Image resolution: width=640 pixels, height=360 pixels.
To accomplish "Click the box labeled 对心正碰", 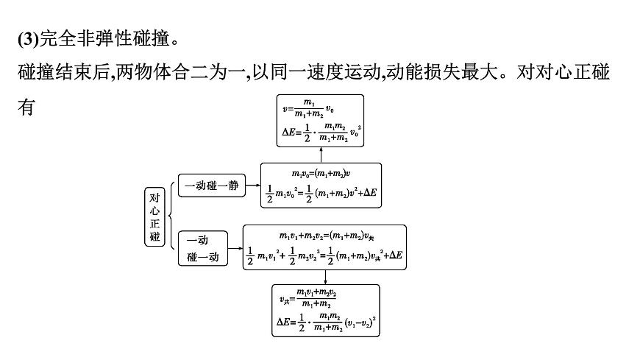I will (154, 217).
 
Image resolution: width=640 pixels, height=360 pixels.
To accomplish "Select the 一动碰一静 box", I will (212, 186).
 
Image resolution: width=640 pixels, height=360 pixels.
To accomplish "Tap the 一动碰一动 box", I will (203, 249).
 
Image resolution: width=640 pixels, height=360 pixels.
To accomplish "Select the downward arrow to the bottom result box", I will (324, 276).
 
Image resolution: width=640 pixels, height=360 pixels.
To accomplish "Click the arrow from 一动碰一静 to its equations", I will (252, 186).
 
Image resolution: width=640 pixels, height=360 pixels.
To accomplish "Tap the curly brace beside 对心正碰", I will (171, 217).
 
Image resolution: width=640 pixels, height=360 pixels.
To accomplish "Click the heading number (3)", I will (26, 36).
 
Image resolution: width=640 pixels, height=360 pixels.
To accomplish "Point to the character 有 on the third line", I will (26, 107).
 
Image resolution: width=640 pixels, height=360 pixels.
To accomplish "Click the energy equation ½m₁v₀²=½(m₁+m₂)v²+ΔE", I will (321, 194).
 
